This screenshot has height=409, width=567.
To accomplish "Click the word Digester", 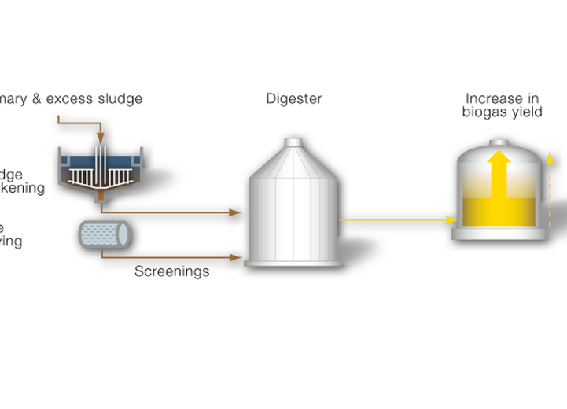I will click(x=293, y=99).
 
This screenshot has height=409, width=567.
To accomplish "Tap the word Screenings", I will click(x=171, y=271).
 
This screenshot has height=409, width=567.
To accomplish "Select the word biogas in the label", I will click(x=484, y=112).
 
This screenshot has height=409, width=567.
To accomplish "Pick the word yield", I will click(x=525, y=112).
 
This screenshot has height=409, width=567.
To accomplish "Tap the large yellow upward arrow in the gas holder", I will click(x=498, y=177).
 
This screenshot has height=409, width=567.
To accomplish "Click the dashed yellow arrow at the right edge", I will click(x=551, y=189).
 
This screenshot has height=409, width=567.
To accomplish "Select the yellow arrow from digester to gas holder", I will click(x=397, y=220).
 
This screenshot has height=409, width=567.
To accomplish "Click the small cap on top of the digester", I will click(x=293, y=142).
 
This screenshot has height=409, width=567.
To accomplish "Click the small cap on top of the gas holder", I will click(x=499, y=142).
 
